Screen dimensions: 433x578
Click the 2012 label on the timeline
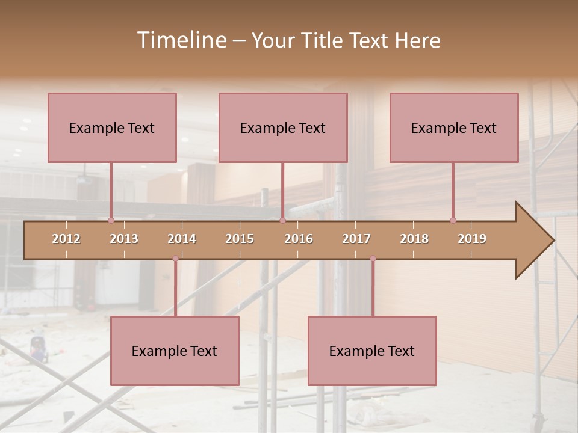[66, 239]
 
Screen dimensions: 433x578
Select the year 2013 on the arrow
[124, 239]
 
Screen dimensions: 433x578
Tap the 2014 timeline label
[182, 239]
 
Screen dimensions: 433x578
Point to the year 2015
[240, 239]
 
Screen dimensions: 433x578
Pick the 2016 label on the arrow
[299, 239]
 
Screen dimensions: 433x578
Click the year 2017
[356, 239]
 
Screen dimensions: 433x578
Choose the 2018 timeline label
[414, 239]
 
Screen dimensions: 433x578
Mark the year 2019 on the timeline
[472, 239]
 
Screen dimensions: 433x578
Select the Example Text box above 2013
[112, 127]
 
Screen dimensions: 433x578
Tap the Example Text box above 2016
[283, 127]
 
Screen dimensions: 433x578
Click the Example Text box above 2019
[454, 127]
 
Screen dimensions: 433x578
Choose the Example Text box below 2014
[175, 351]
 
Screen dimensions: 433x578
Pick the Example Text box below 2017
[372, 351]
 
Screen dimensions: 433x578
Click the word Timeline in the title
[181, 40]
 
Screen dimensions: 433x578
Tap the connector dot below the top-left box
[111, 221]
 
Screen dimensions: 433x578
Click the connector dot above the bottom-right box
[373, 259]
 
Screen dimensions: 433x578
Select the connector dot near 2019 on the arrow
[453, 221]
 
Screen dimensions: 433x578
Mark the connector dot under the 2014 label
[175, 259]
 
